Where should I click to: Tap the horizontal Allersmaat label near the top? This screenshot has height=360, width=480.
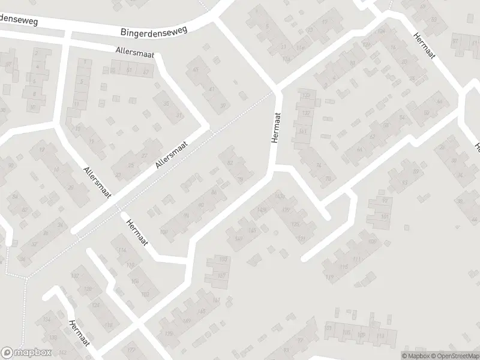pyautogui.click(x=136, y=53)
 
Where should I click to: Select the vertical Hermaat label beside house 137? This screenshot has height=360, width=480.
pyautogui.click(x=276, y=128)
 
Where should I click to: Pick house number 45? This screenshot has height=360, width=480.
pyautogui.click(x=194, y=70)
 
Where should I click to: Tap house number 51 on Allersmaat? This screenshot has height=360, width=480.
pyautogui.click(x=129, y=71)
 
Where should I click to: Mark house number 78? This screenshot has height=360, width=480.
pyautogui.click(x=328, y=179)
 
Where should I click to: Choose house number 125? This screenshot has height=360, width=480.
pyautogui.click(x=295, y=224)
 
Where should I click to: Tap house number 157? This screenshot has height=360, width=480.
pyautogui.click(x=221, y=275)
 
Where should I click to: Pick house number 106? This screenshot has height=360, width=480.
pyautogui.click(x=134, y=281)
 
